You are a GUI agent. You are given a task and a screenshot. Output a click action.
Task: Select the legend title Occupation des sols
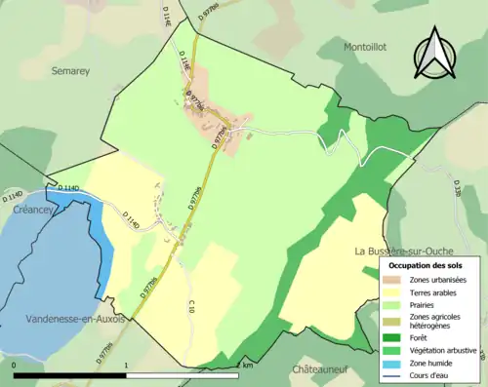pyautogui.click(x=426, y=265)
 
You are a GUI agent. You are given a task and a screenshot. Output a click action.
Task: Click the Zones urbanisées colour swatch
pyautogui.click(x=392, y=280)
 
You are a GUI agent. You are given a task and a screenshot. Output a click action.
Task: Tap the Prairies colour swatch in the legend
pyautogui.click(x=392, y=303)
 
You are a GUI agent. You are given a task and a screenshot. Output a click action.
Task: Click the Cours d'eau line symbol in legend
pyautogui.click(x=392, y=373)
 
